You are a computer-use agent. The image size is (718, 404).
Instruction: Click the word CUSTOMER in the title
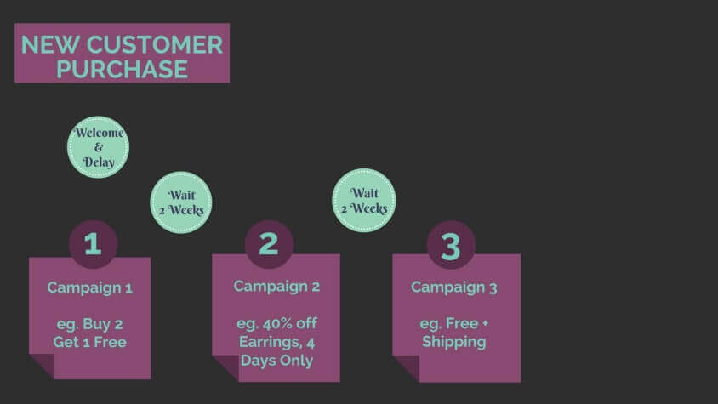(155, 45)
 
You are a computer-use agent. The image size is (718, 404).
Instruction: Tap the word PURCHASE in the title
(122, 69)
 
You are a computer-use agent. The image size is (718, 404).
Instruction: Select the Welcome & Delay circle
(98, 147)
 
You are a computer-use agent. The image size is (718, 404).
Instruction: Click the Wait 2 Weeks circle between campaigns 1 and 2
(181, 202)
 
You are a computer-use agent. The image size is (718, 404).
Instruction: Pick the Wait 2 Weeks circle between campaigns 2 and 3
(363, 200)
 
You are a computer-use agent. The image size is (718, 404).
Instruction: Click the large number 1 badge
(93, 244)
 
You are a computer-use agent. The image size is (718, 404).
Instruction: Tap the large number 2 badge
(269, 244)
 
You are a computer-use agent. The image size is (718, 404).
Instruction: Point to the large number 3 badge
(451, 245)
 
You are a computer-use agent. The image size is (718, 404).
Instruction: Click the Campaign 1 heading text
(90, 287)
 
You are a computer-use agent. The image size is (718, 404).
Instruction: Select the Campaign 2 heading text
(276, 287)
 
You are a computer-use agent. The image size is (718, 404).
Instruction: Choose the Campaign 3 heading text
(453, 287)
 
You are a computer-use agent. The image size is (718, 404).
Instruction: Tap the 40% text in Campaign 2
(277, 323)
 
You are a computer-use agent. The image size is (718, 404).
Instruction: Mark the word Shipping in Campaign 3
(453, 342)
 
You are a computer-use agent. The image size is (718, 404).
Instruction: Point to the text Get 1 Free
(90, 342)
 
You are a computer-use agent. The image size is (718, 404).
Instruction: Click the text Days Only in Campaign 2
(276, 361)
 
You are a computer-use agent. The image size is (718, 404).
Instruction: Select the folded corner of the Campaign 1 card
(43, 366)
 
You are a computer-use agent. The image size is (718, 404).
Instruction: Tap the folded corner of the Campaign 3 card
(406, 367)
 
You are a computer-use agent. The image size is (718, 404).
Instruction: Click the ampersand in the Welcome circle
(99, 147)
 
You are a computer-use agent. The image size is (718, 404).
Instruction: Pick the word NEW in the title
(50, 45)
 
